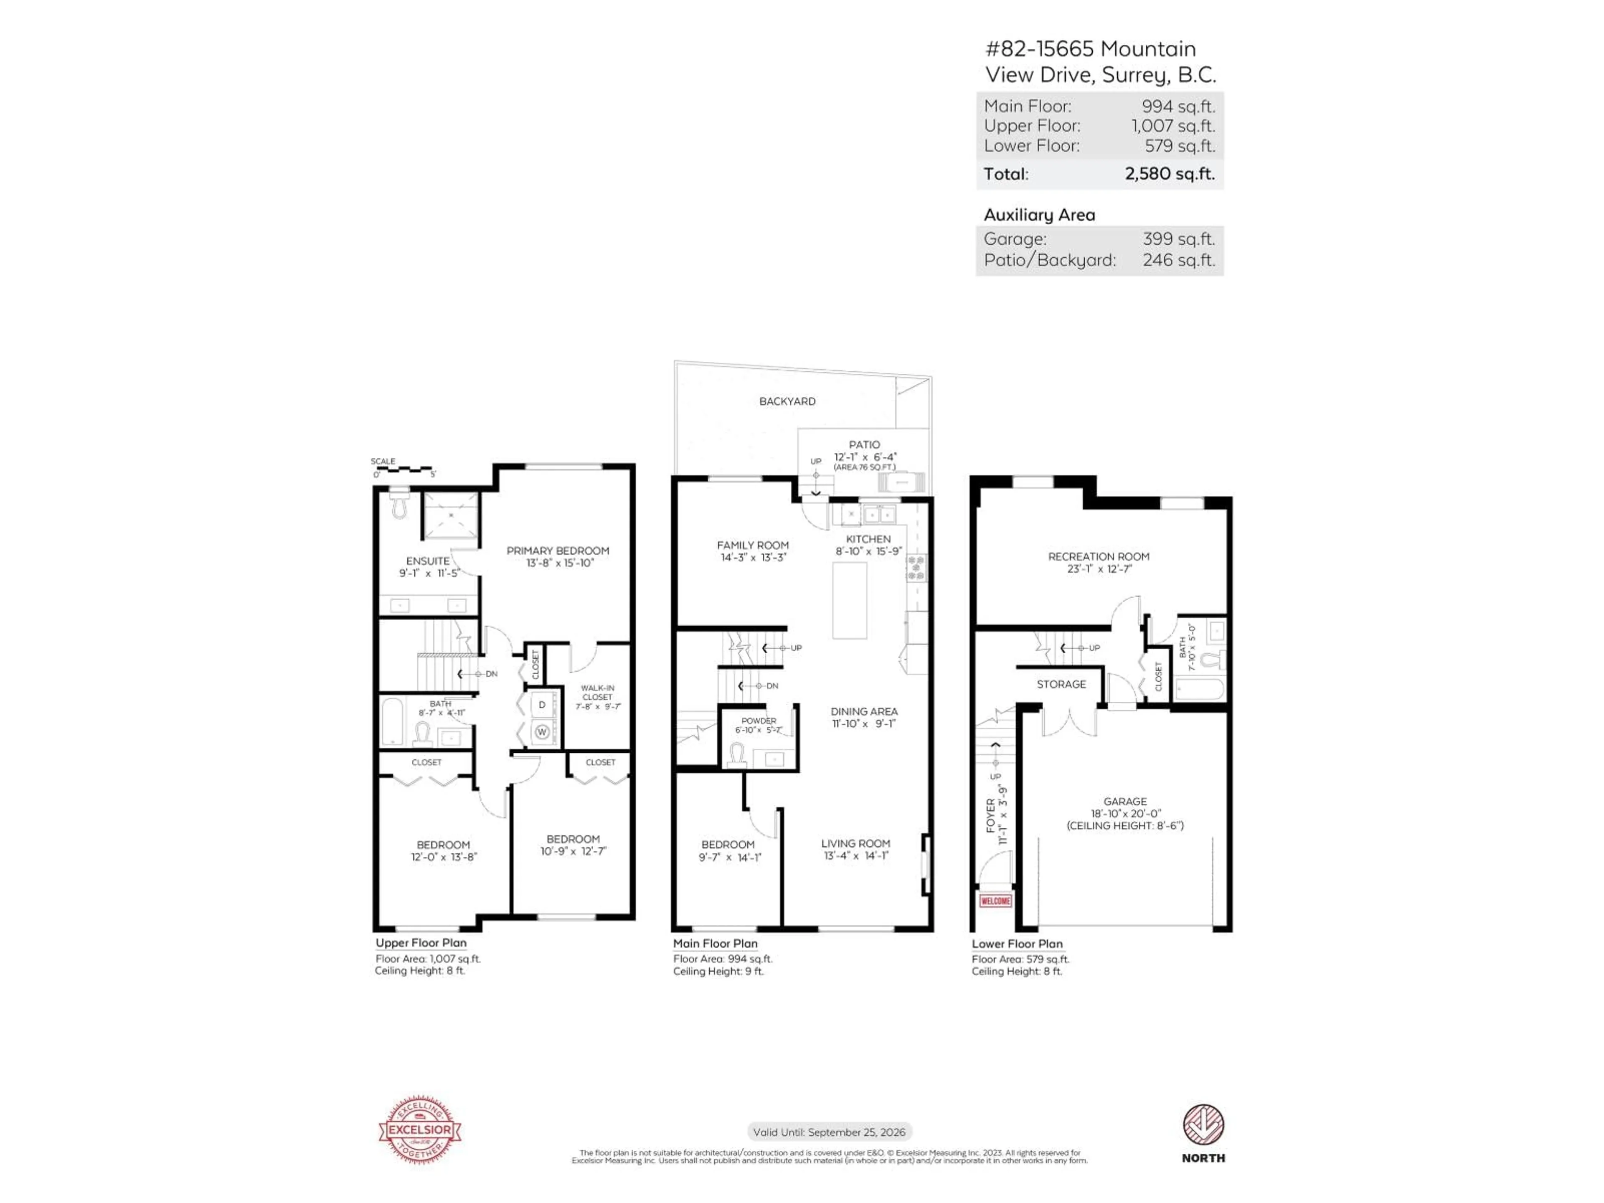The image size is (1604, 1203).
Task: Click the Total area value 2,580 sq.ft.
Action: pyautogui.click(x=1169, y=174)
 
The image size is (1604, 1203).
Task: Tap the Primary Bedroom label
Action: pyautogui.click(x=558, y=551)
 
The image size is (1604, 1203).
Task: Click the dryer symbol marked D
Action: pyautogui.click(x=542, y=705)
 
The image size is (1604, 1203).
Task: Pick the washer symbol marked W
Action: pyautogui.click(x=542, y=732)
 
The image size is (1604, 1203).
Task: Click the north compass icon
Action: pyautogui.click(x=1203, y=1125)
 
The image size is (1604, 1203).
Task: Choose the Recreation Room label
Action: pyautogui.click(x=1098, y=557)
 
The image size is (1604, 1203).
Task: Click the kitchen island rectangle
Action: pyautogui.click(x=849, y=600)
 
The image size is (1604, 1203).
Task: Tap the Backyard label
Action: pyautogui.click(x=787, y=401)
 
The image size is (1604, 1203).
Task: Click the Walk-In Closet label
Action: pyautogui.click(x=597, y=693)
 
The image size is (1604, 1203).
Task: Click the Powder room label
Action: pyautogui.click(x=759, y=721)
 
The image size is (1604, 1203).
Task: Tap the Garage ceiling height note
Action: pyautogui.click(x=1125, y=825)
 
